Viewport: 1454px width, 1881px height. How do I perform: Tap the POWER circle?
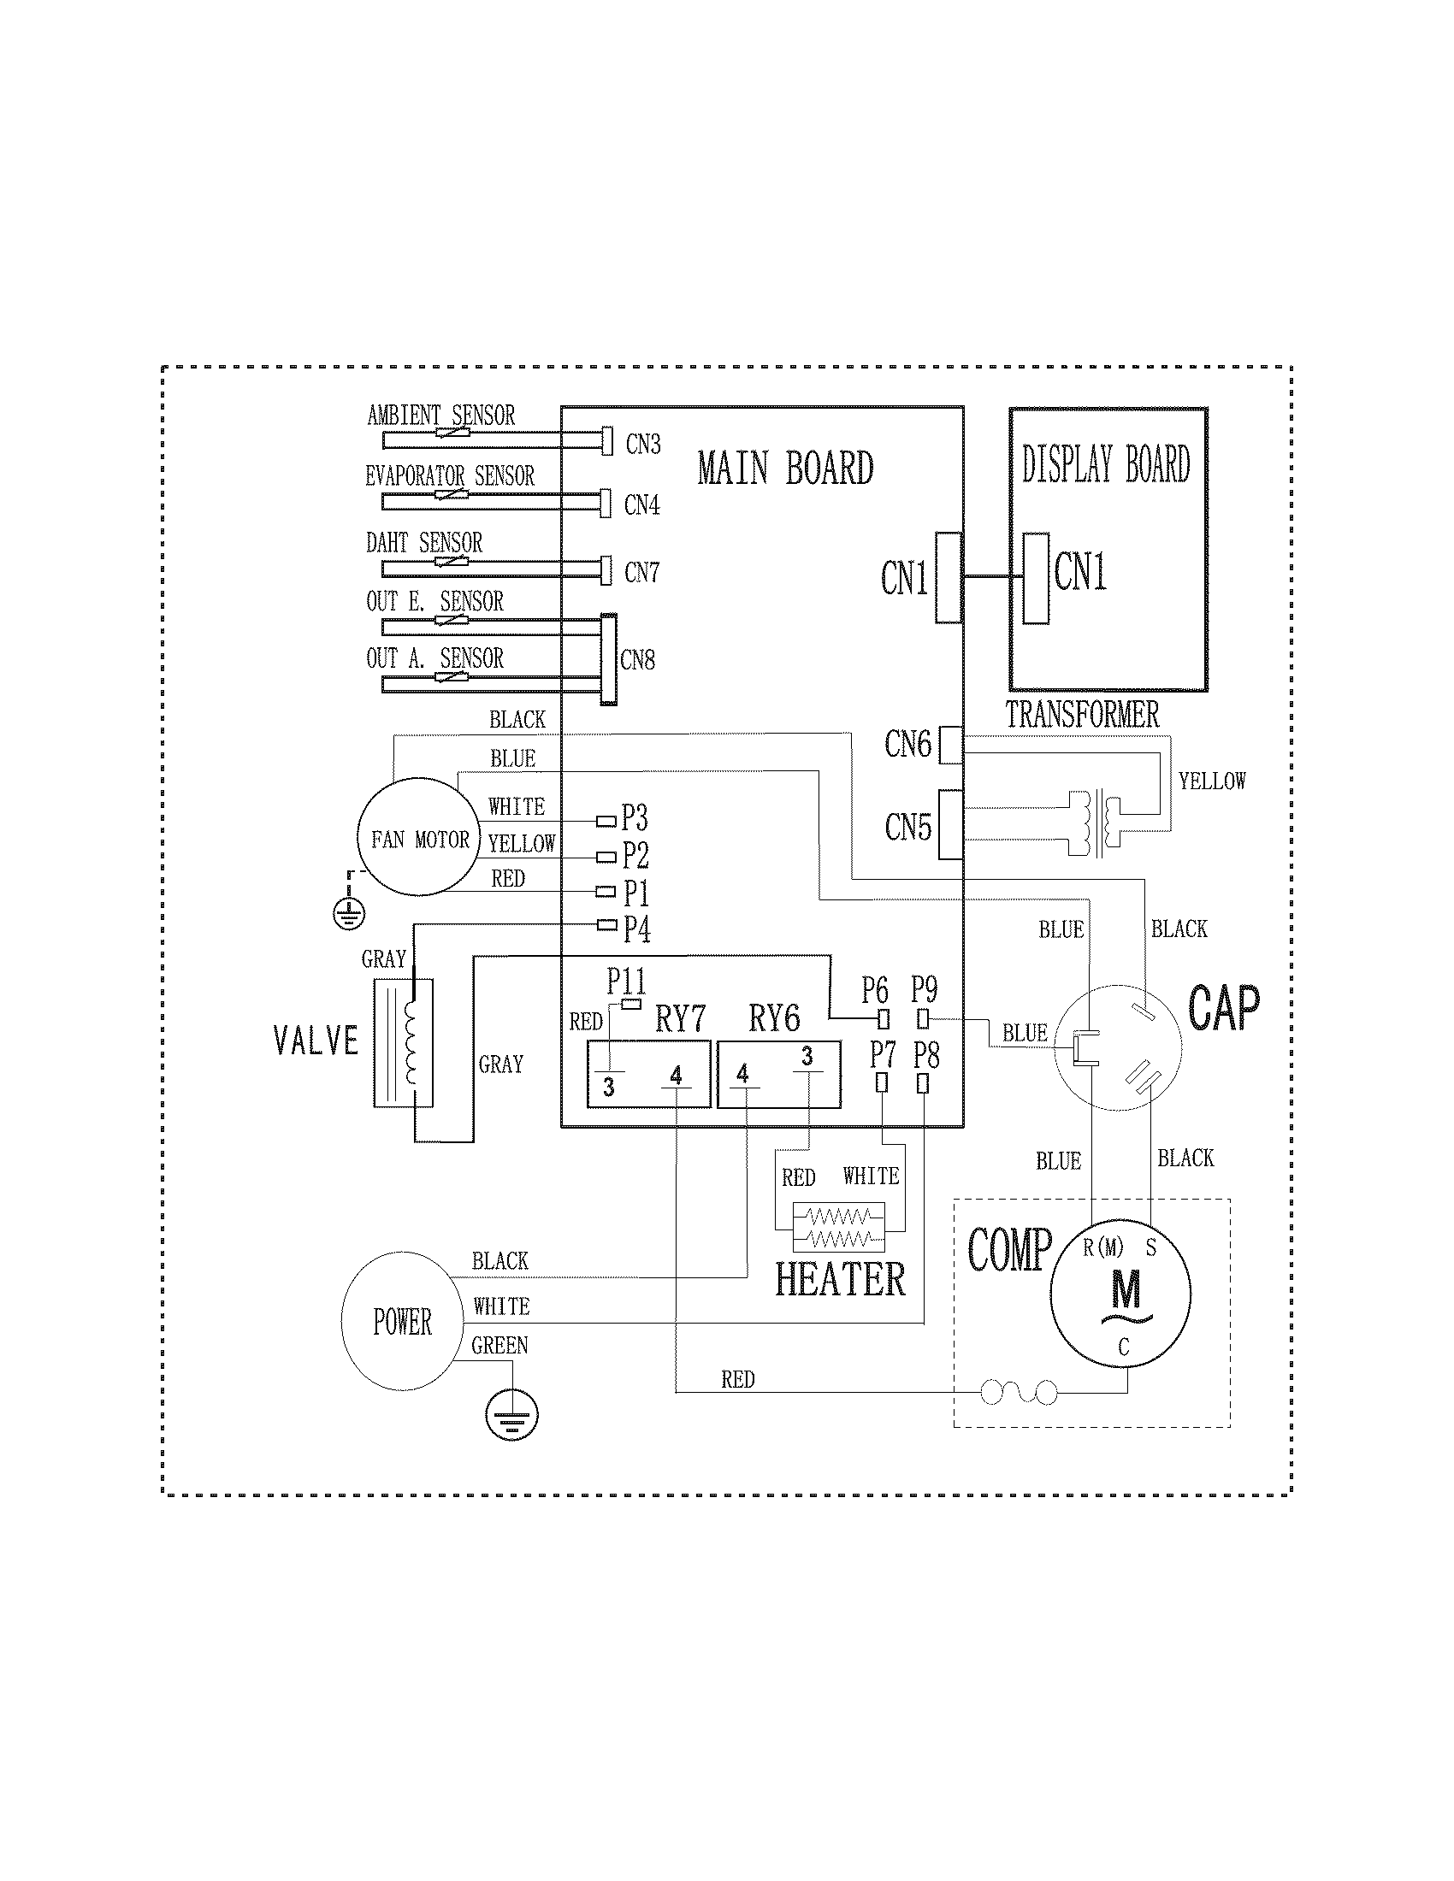[x=401, y=1321]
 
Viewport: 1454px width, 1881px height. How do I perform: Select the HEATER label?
[x=840, y=1279]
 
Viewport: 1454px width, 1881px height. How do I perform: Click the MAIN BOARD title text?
[x=784, y=469]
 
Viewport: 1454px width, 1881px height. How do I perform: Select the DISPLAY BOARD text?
[x=1106, y=464]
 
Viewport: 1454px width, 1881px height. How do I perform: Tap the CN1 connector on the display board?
[x=1037, y=578]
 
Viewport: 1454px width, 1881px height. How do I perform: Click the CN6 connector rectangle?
[x=949, y=745]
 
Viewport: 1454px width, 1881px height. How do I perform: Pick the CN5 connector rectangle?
[x=949, y=824]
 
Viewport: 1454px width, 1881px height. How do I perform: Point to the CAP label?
[x=1223, y=1007]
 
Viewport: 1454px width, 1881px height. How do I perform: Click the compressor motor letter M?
[x=1125, y=1290]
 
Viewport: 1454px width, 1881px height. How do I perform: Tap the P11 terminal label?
[x=625, y=981]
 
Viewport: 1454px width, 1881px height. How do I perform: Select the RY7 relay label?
[x=680, y=1019]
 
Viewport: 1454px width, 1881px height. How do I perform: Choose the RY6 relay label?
[x=773, y=1018]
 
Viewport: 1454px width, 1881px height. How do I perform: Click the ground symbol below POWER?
[x=511, y=1416]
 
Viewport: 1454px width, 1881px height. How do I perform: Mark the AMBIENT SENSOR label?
[x=441, y=416]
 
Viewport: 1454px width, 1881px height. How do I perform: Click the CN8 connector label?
[x=637, y=661]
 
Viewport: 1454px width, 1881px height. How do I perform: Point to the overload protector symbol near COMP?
[x=1019, y=1391]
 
